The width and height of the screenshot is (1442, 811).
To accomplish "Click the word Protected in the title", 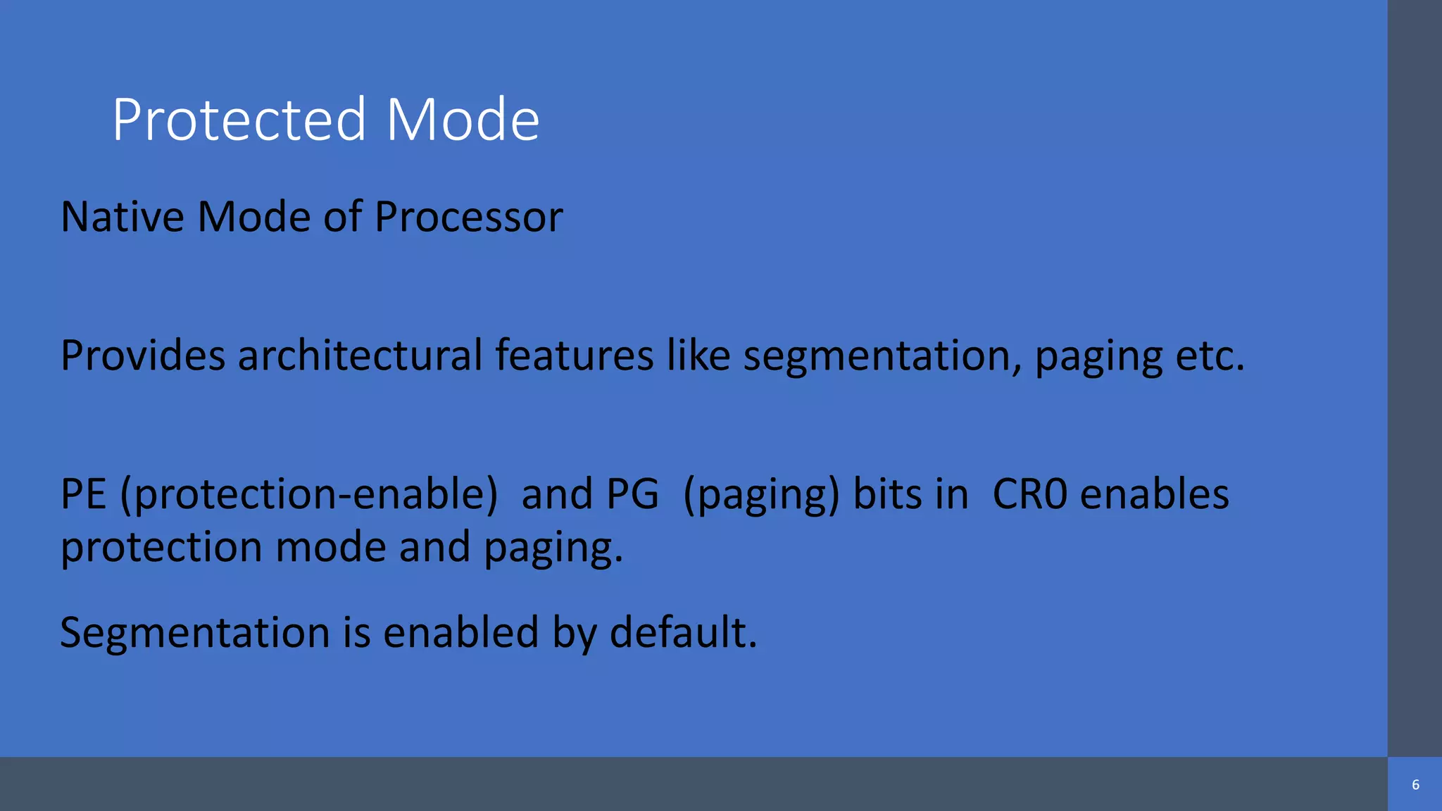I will [239, 120].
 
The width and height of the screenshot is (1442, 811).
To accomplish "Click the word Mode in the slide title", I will [463, 120].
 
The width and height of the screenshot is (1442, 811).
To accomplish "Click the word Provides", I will [143, 355].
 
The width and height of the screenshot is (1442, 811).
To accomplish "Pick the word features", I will [574, 355].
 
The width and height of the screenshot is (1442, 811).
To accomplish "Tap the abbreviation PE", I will [83, 493].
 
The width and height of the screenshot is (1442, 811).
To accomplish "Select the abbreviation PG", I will [632, 493].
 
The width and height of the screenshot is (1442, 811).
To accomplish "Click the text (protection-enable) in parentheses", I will [308, 495].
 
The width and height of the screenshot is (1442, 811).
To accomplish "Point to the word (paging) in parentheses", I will [761, 495].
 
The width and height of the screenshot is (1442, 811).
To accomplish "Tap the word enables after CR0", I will [1154, 493].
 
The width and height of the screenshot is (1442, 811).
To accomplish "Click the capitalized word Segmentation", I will [195, 633].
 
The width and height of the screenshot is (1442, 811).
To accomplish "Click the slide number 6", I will [1415, 785].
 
